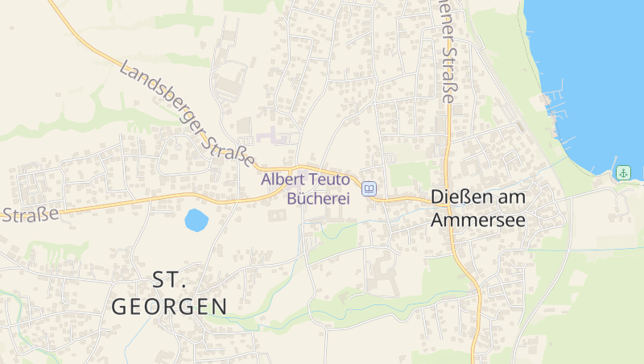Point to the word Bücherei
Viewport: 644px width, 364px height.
[x=319, y=197]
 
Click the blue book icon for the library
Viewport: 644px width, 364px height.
[x=369, y=188]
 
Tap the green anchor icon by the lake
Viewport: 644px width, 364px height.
[x=623, y=172]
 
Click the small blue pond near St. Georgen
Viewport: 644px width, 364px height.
[x=196, y=219]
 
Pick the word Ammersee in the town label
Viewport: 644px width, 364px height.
[x=478, y=219]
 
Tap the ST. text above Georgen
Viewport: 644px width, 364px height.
[x=170, y=279]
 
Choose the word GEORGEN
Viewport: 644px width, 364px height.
[x=170, y=306]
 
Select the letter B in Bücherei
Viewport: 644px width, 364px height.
[x=293, y=197]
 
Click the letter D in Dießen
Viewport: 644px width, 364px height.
[x=437, y=196]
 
